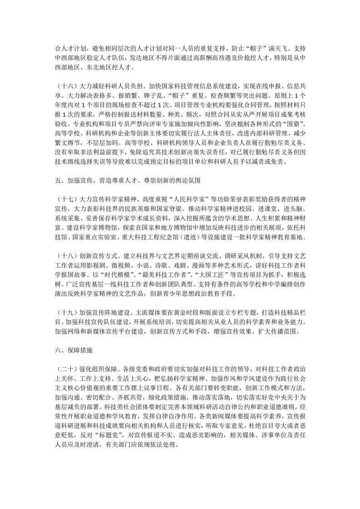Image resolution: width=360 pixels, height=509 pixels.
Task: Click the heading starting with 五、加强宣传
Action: click(x=128, y=181)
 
